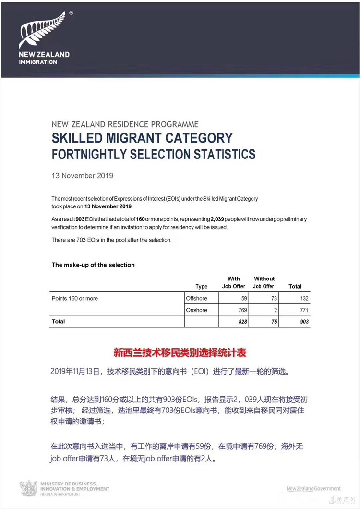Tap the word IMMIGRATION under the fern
38,62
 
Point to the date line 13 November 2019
83,175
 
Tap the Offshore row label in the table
196,298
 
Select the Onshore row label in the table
196,310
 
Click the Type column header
202,287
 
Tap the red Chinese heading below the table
180,353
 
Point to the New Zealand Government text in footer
313,489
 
